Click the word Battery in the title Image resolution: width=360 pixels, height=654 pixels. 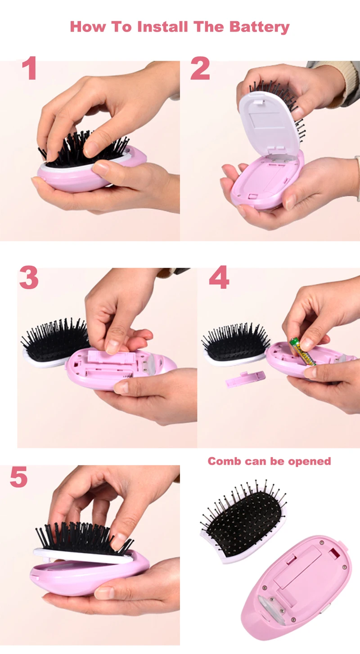259,27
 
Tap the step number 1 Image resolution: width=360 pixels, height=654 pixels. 29,69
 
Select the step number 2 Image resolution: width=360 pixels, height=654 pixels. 200,69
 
